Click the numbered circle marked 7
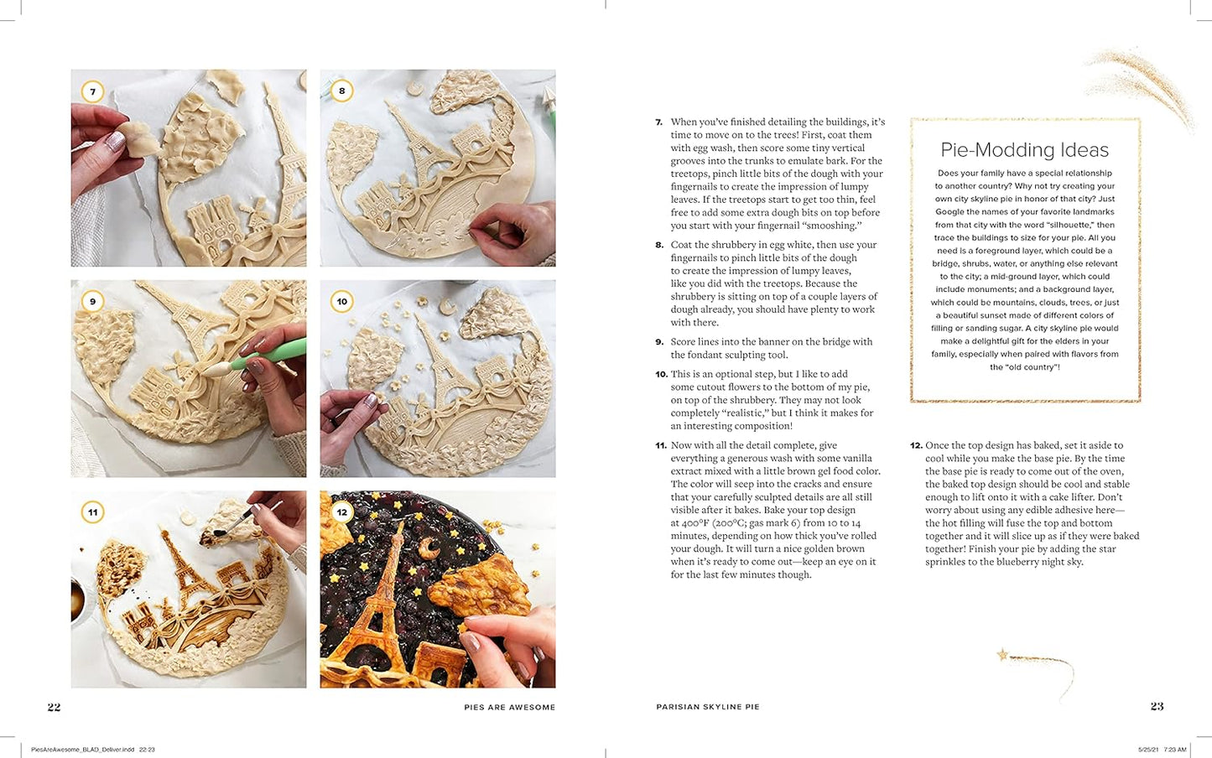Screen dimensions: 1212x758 point(92,91)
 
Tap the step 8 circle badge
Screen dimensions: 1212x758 point(342,91)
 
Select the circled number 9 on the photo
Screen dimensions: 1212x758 point(92,301)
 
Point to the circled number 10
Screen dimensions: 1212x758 point(342,301)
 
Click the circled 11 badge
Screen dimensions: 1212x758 point(92,511)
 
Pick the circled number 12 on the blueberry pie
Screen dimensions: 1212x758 point(342,511)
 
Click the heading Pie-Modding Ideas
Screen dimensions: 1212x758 point(1025,150)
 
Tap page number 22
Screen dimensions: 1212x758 point(55,707)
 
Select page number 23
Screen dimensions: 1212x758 point(1157,706)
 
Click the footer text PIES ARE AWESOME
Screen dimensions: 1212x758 point(510,707)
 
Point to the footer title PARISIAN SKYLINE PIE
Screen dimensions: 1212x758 point(708,707)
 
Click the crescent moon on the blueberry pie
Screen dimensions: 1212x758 point(430,548)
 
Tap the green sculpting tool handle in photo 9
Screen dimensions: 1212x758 point(268,353)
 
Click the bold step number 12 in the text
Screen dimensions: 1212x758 point(916,446)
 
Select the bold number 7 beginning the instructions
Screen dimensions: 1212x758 point(658,122)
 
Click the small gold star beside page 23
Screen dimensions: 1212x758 point(1002,655)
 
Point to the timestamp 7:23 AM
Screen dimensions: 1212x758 point(1174,750)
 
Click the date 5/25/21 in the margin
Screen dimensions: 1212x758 point(1148,750)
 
